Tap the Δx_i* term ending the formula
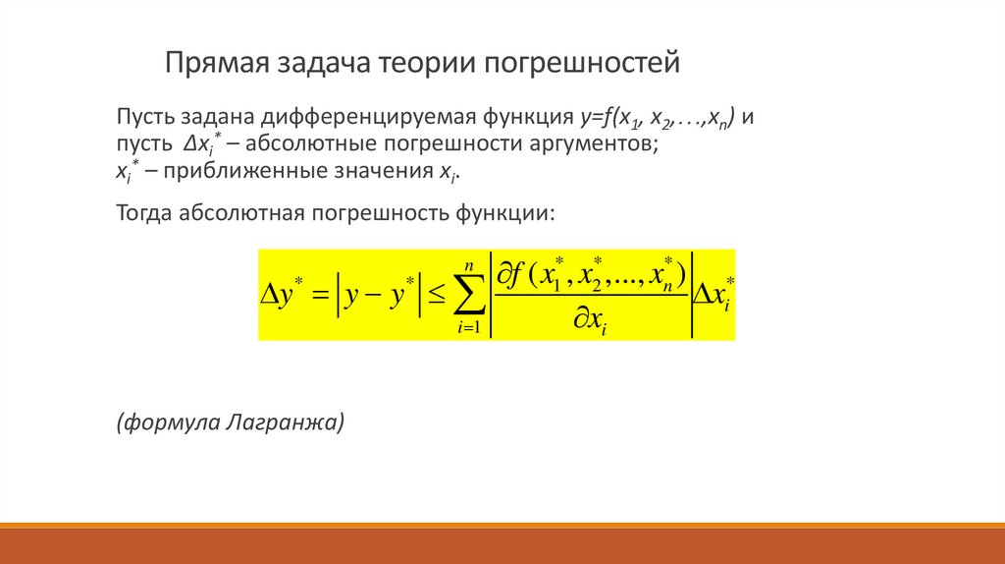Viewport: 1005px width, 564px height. [x=715, y=291]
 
